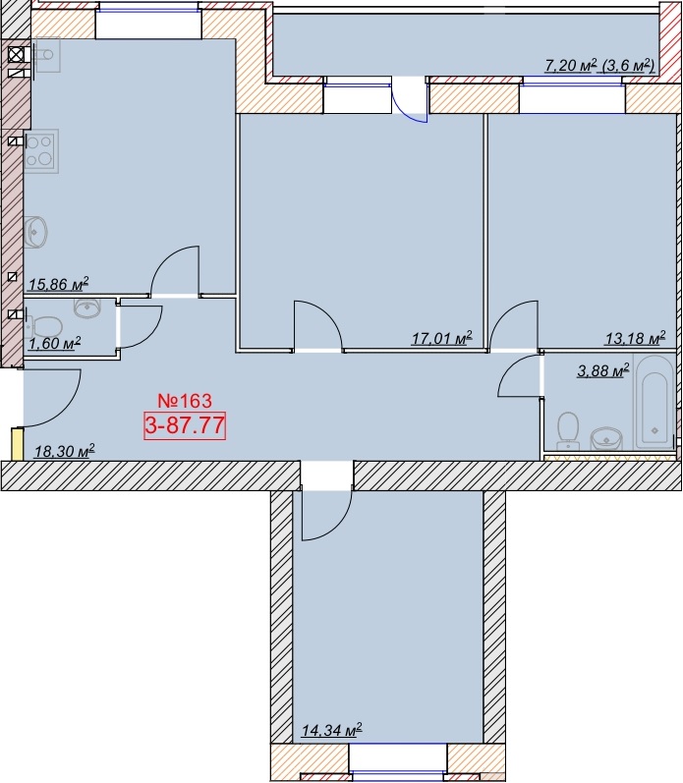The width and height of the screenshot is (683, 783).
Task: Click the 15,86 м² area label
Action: point(58,285)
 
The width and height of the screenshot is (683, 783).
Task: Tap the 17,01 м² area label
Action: point(441,339)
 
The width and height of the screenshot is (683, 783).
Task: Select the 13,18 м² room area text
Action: point(635,338)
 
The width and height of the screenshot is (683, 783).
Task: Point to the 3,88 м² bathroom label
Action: point(602,370)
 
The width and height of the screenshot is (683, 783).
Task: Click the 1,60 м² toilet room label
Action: point(54,344)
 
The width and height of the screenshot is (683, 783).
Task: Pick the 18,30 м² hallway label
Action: point(65,451)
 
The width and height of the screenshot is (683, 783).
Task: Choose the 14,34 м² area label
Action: point(331,731)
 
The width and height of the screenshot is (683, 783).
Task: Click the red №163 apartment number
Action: point(185,401)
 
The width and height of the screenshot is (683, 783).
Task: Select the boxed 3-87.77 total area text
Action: point(185,426)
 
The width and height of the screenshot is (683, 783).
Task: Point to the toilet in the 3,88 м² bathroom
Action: point(568,430)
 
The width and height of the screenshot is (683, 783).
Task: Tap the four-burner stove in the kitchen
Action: point(41,151)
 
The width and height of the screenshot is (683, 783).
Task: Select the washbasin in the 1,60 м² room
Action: point(87,308)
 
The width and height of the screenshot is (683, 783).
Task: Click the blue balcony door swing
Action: point(410,107)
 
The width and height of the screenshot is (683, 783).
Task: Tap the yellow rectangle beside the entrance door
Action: point(18,444)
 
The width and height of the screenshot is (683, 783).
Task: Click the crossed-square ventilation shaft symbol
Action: point(16,54)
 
